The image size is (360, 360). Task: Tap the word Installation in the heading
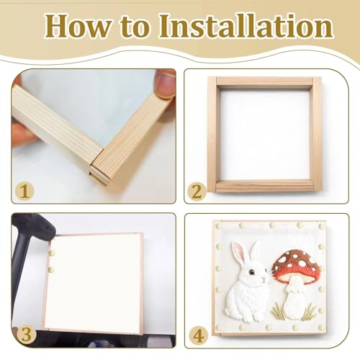(x=246, y=25)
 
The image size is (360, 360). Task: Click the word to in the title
(x=135, y=27)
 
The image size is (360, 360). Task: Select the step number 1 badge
(x=24, y=192)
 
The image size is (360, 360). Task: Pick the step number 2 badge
(x=197, y=192)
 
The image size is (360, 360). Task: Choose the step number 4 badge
(x=198, y=336)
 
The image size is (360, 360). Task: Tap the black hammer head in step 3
(x=34, y=227)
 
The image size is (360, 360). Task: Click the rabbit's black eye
(x=251, y=272)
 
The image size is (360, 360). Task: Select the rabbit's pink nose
(x=264, y=279)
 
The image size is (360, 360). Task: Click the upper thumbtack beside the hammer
(x=52, y=252)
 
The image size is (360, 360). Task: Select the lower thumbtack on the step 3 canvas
(x=52, y=269)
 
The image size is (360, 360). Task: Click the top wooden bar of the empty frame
(x=264, y=81)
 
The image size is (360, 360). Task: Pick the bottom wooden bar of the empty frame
(x=264, y=186)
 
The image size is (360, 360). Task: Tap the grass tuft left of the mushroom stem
(x=277, y=312)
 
